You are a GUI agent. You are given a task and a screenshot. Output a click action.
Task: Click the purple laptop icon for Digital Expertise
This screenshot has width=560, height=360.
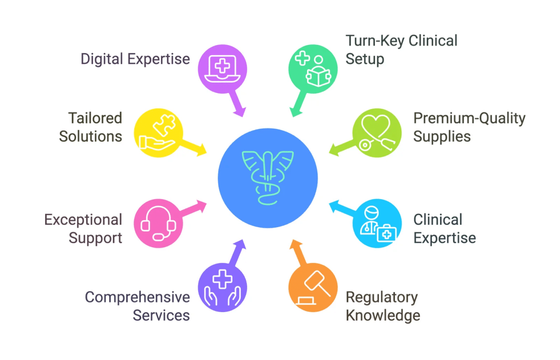coord(222,69)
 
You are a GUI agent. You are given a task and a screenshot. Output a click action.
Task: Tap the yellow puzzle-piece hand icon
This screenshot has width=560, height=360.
coord(158,133)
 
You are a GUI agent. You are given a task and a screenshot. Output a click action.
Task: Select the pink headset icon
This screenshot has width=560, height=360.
coord(158,223)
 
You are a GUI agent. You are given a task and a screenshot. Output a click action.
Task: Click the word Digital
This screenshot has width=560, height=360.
coord(102,59)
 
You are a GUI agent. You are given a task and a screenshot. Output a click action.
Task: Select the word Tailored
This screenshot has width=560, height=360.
coord(95,118)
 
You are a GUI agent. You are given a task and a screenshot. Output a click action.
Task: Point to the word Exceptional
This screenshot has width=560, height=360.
coord(83,220)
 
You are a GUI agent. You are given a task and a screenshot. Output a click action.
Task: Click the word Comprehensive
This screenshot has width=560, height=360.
coord(137,297)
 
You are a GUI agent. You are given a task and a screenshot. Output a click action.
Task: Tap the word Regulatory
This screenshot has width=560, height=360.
coord(382,297)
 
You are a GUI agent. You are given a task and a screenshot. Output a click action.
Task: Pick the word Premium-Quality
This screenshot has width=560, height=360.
coord(469,119)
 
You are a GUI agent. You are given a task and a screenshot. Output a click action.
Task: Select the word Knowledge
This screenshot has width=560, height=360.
coord(383,316)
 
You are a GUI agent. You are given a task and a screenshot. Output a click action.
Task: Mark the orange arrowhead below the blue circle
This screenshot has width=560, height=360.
coord(297,246)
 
